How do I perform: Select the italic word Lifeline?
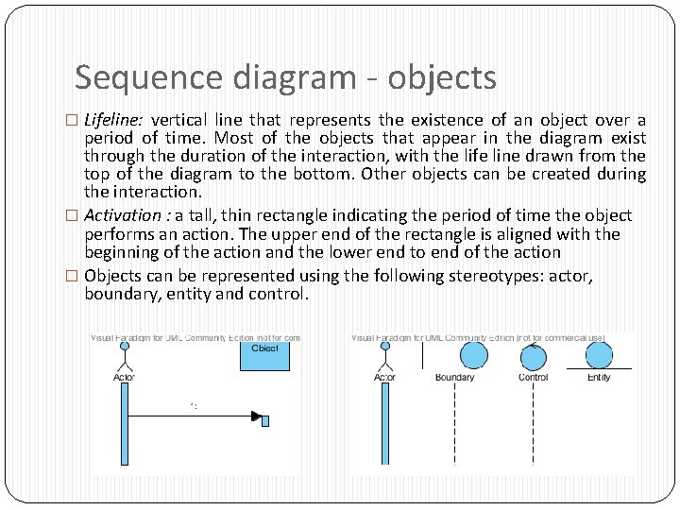point(113,120)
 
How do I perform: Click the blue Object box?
point(264,352)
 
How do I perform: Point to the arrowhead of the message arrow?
point(256,416)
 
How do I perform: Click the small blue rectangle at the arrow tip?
point(265,420)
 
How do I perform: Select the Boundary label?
point(454,378)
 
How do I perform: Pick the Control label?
point(534,378)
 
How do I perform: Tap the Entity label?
point(599,378)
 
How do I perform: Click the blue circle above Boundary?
point(473,355)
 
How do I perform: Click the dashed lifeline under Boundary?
point(455,425)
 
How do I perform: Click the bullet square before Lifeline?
point(76,121)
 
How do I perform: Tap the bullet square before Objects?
point(76,277)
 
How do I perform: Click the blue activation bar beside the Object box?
point(124,425)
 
